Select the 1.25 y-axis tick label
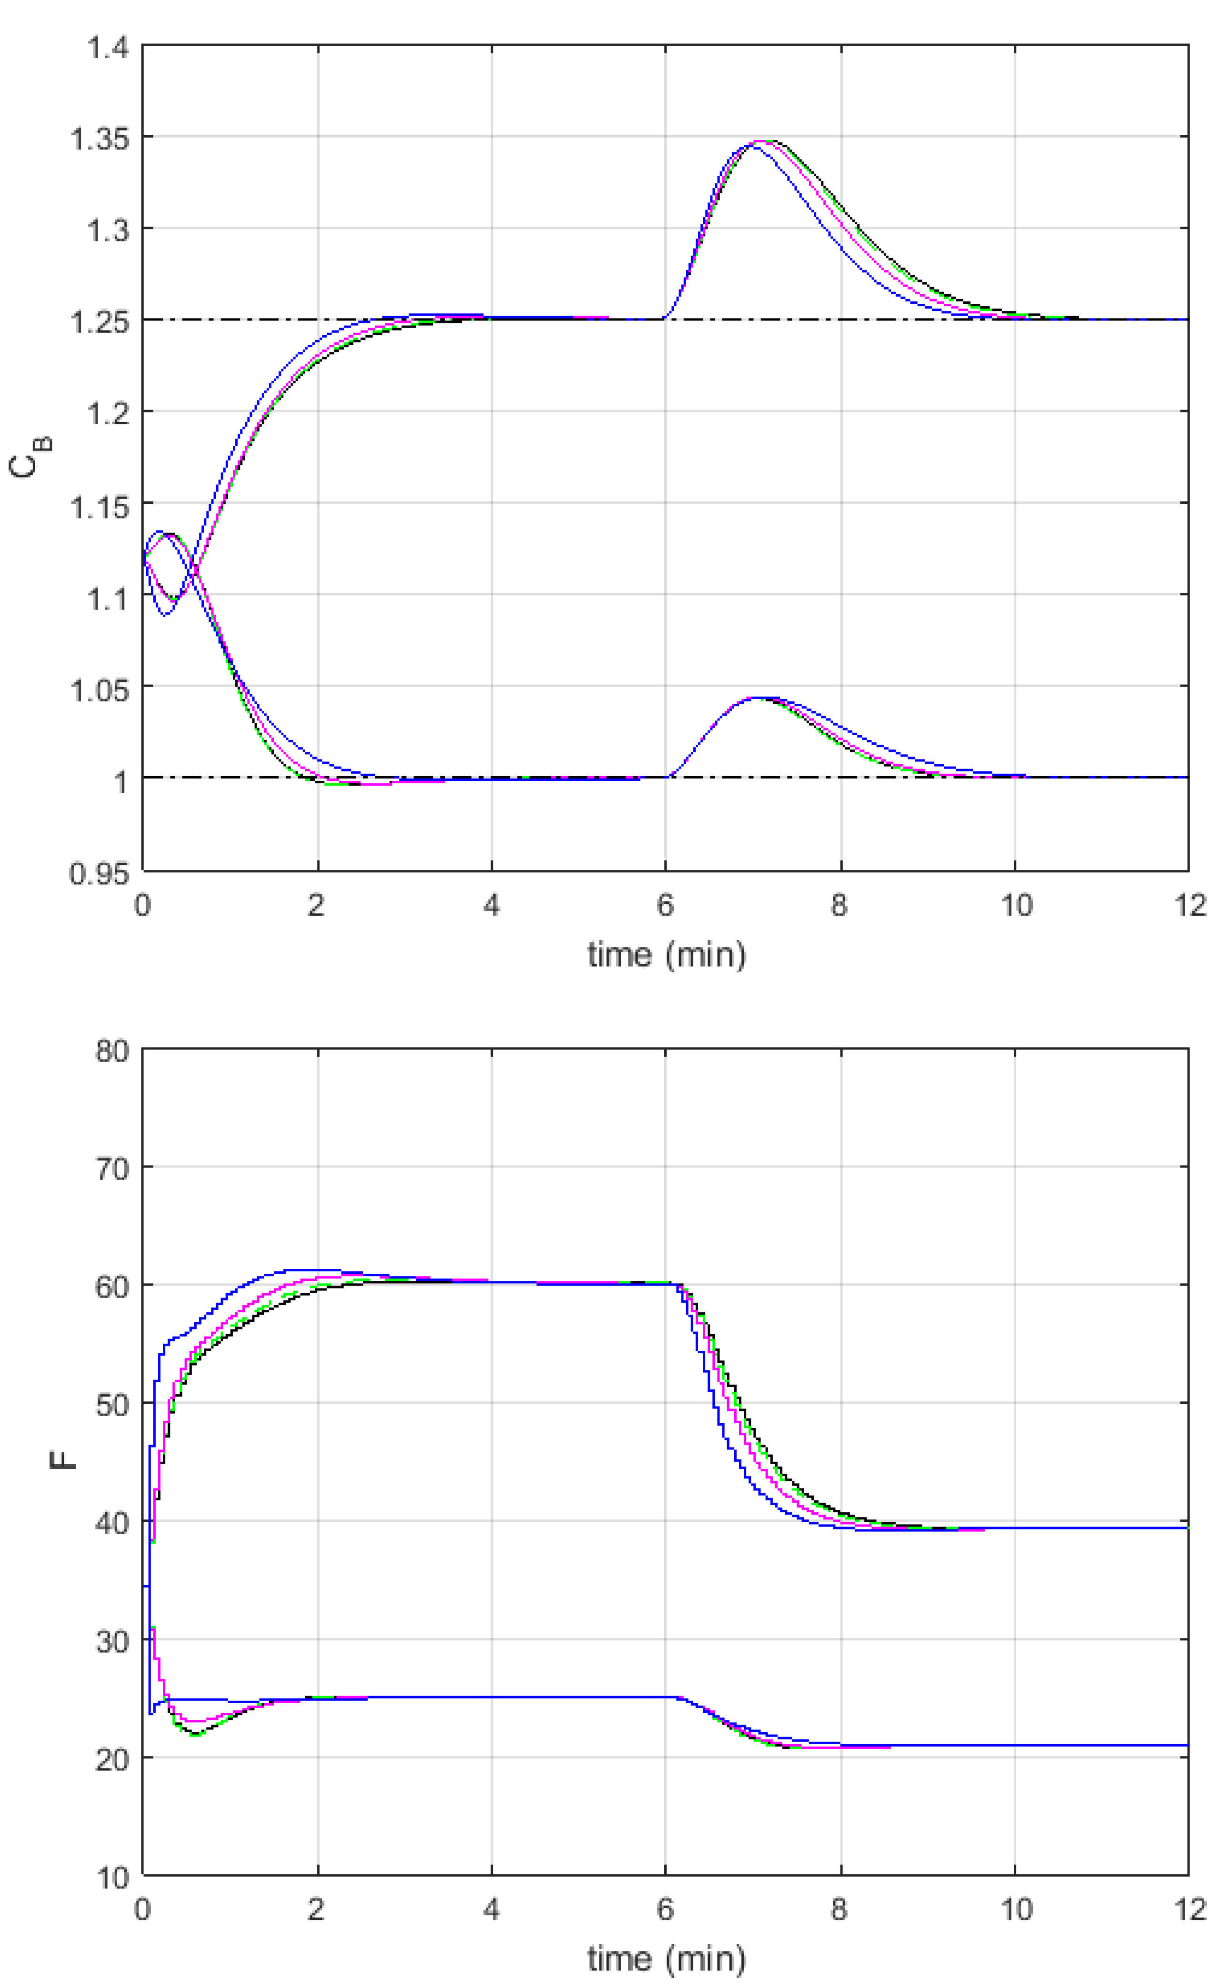[100, 322]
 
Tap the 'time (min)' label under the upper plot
[667, 955]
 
